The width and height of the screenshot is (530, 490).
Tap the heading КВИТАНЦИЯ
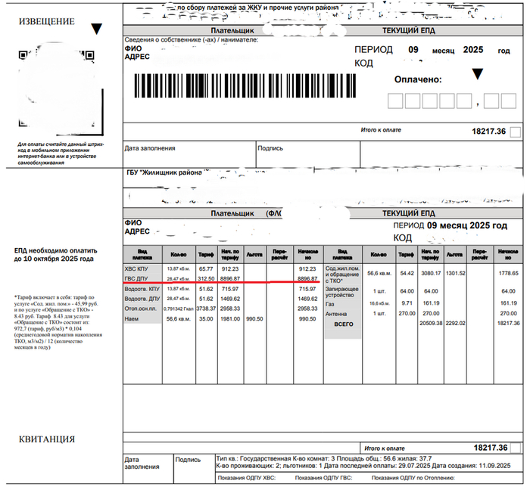(47, 440)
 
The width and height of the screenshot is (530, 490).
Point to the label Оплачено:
(417, 79)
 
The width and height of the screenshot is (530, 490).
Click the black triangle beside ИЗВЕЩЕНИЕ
(96, 29)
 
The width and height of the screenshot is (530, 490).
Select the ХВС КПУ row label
(138, 268)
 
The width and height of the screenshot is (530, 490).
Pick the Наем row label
(132, 319)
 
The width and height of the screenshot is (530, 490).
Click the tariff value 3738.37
(206, 309)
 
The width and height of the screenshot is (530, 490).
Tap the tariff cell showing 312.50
(206, 278)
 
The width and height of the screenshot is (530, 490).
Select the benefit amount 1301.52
(454, 272)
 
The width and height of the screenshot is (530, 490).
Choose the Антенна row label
(337, 312)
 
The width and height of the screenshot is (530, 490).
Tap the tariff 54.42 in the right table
(406, 272)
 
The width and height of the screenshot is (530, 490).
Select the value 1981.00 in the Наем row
(230, 319)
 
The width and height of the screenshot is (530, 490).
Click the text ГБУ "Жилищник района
(164, 172)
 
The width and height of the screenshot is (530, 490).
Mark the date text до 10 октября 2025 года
(53, 259)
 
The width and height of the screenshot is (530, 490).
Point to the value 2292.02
(454, 322)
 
